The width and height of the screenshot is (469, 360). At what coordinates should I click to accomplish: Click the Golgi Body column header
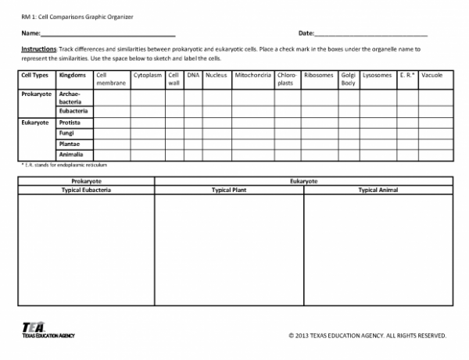[x=349, y=79]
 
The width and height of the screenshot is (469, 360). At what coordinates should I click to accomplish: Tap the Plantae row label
[x=68, y=144]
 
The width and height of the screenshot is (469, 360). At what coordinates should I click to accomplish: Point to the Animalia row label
[x=70, y=155]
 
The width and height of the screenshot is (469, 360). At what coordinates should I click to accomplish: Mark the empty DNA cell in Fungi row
[x=193, y=134]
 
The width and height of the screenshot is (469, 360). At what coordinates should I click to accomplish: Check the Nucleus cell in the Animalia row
[x=217, y=155]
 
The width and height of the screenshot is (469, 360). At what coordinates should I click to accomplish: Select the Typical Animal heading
[x=378, y=190]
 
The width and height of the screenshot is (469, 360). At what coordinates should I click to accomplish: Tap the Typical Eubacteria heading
[x=86, y=190]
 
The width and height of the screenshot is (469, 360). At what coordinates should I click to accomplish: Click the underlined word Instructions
[x=38, y=48]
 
